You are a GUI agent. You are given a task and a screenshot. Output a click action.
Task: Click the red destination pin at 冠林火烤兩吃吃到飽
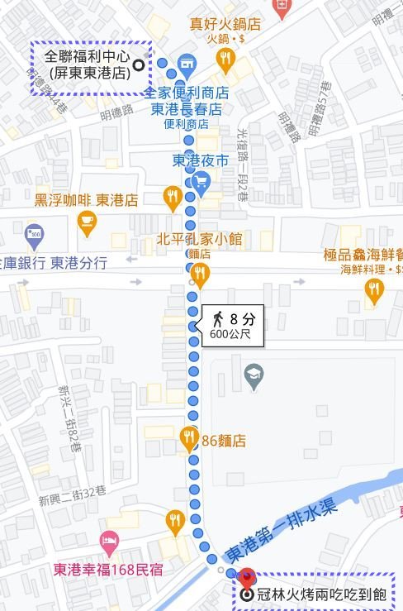(x=245, y=579)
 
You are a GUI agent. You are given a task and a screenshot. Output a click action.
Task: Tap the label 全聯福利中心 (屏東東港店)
(x=90, y=65)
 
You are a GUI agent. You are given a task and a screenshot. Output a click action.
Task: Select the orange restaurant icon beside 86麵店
(x=189, y=437)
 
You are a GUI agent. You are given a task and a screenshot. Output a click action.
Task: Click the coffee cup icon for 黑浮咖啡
(x=87, y=220)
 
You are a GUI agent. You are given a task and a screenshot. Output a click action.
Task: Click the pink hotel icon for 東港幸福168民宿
(x=108, y=543)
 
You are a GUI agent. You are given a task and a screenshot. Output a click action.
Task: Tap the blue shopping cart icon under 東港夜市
(x=199, y=180)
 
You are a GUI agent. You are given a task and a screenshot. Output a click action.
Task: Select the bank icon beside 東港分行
(x=33, y=234)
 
